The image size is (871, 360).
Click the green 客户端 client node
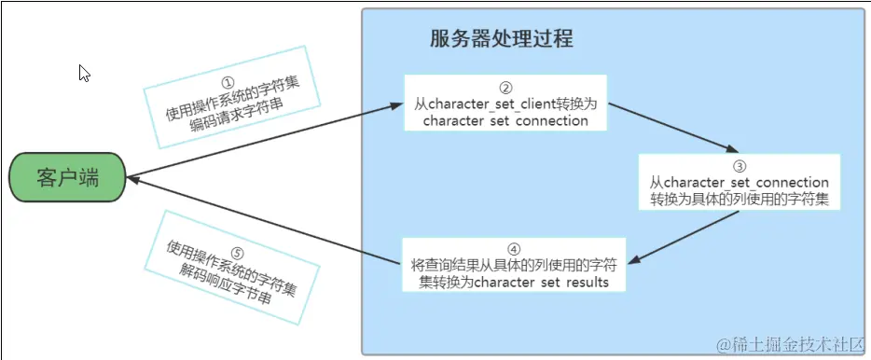click(67, 178)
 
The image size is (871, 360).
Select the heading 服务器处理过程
click(502, 39)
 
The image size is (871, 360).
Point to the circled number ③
click(739, 165)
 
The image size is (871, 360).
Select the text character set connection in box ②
click(505, 121)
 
